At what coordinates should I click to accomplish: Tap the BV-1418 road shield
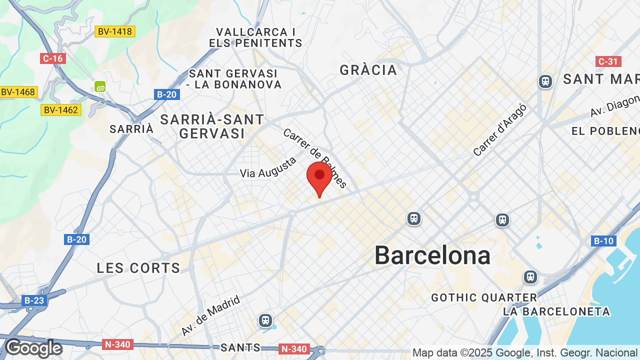(x=115, y=31)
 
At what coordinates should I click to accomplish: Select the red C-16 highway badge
(x=52, y=58)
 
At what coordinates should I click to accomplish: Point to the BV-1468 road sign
(x=18, y=92)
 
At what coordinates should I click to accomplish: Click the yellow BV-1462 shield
(x=60, y=109)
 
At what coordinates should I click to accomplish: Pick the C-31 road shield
(x=608, y=61)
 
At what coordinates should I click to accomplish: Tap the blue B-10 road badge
(x=603, y=241)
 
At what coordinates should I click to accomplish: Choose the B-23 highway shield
(x=34, y=300)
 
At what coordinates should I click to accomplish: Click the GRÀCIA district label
(x=368, y=70)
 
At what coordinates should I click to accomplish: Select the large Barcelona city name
(x=432, y=255)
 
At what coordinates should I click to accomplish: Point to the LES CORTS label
(x=138, y=268)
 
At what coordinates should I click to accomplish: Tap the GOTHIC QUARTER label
(x=484, y=298)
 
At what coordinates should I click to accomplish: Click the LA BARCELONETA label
(x=556, y=312)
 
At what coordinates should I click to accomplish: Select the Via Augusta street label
(x=268, y=167)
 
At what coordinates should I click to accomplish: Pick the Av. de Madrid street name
(x=210, y=315)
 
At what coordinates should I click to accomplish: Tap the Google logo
(x=33, y=348)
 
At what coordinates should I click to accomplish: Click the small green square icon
(x=100, y=86)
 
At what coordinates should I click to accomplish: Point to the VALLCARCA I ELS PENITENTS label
(x=255, y=37)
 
